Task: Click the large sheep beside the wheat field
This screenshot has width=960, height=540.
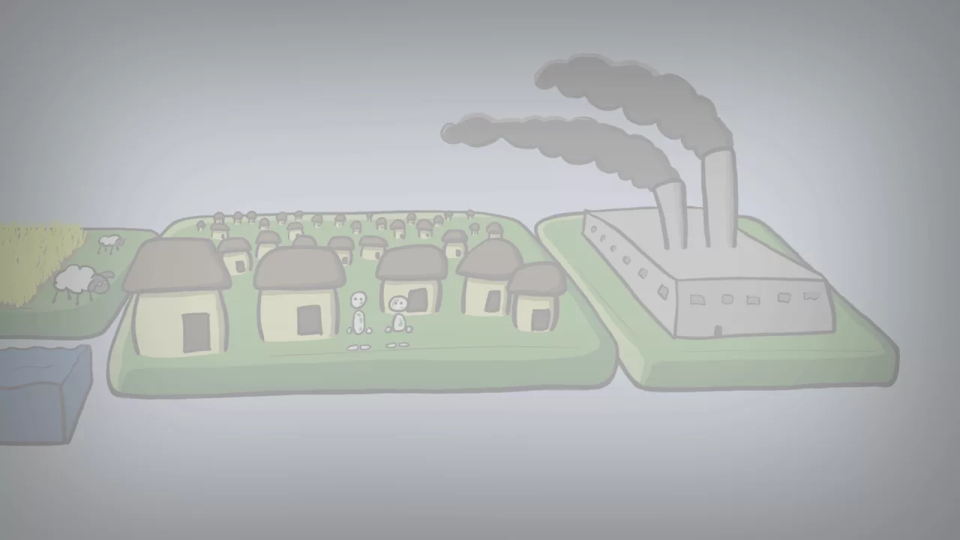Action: (x=75, y=281)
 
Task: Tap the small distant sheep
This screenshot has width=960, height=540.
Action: (x=110, y=242)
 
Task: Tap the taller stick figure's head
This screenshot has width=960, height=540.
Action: (x=359, y=300)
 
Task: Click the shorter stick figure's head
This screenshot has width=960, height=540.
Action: (x=397, y=304)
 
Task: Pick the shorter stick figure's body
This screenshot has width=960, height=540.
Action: (x=398, y=323)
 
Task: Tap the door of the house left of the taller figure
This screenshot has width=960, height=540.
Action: (x=307, y=320)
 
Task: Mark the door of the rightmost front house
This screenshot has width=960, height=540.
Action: (x=539, y=319)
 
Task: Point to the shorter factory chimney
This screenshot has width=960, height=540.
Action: (x=671, y=214)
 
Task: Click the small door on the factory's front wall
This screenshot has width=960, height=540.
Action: (x=718, y=329)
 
